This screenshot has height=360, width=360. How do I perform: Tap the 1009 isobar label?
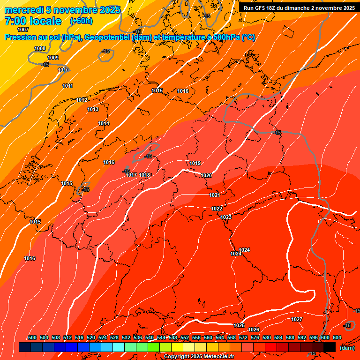click(x=53, y=58)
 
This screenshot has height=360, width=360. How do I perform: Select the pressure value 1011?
click(x=68, y=86)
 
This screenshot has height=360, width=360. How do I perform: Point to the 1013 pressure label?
click(x=93, y=109)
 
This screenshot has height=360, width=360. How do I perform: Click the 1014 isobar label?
click(x=104, y=123)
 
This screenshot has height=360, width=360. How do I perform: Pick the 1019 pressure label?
click(x=195, y=163)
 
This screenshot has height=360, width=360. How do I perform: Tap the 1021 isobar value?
click(x=215, y=195)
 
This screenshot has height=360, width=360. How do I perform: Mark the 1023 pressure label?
click(x=226, y=217)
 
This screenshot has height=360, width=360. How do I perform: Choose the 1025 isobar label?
click(x=239, y=325)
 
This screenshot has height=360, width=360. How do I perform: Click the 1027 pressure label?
click(x=297, y=319)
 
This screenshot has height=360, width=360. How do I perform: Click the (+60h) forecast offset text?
click(x=81, y=21)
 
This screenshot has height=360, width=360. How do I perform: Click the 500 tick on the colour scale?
click(x=32, y=337)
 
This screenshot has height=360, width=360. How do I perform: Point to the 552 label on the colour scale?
click(x=185, y=337)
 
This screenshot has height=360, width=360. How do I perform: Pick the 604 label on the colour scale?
click(x=337, y=337)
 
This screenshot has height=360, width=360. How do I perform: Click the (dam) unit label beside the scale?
click(x=347, y=347)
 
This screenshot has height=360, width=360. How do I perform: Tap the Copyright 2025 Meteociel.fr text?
click(x=199, y=356)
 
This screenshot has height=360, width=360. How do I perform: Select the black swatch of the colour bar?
click(x=330, y=347)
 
